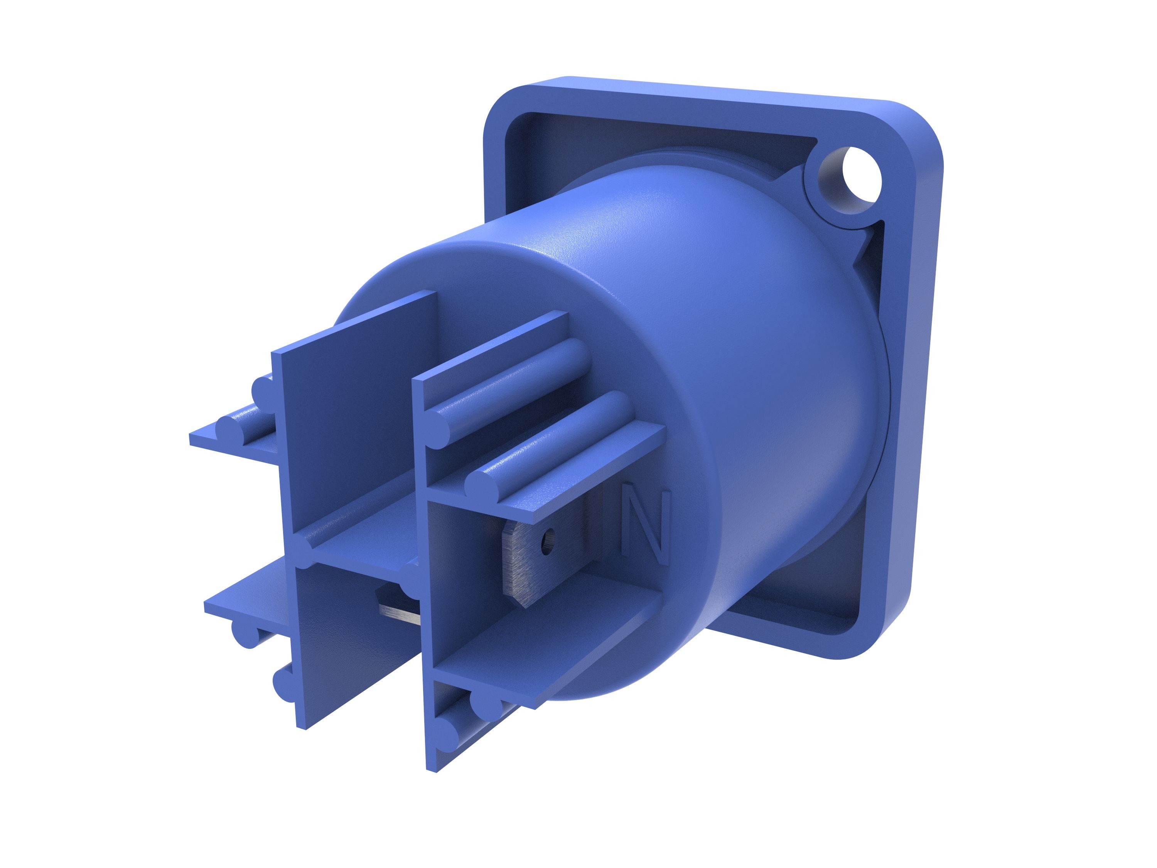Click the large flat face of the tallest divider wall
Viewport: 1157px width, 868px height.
(356, 419)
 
